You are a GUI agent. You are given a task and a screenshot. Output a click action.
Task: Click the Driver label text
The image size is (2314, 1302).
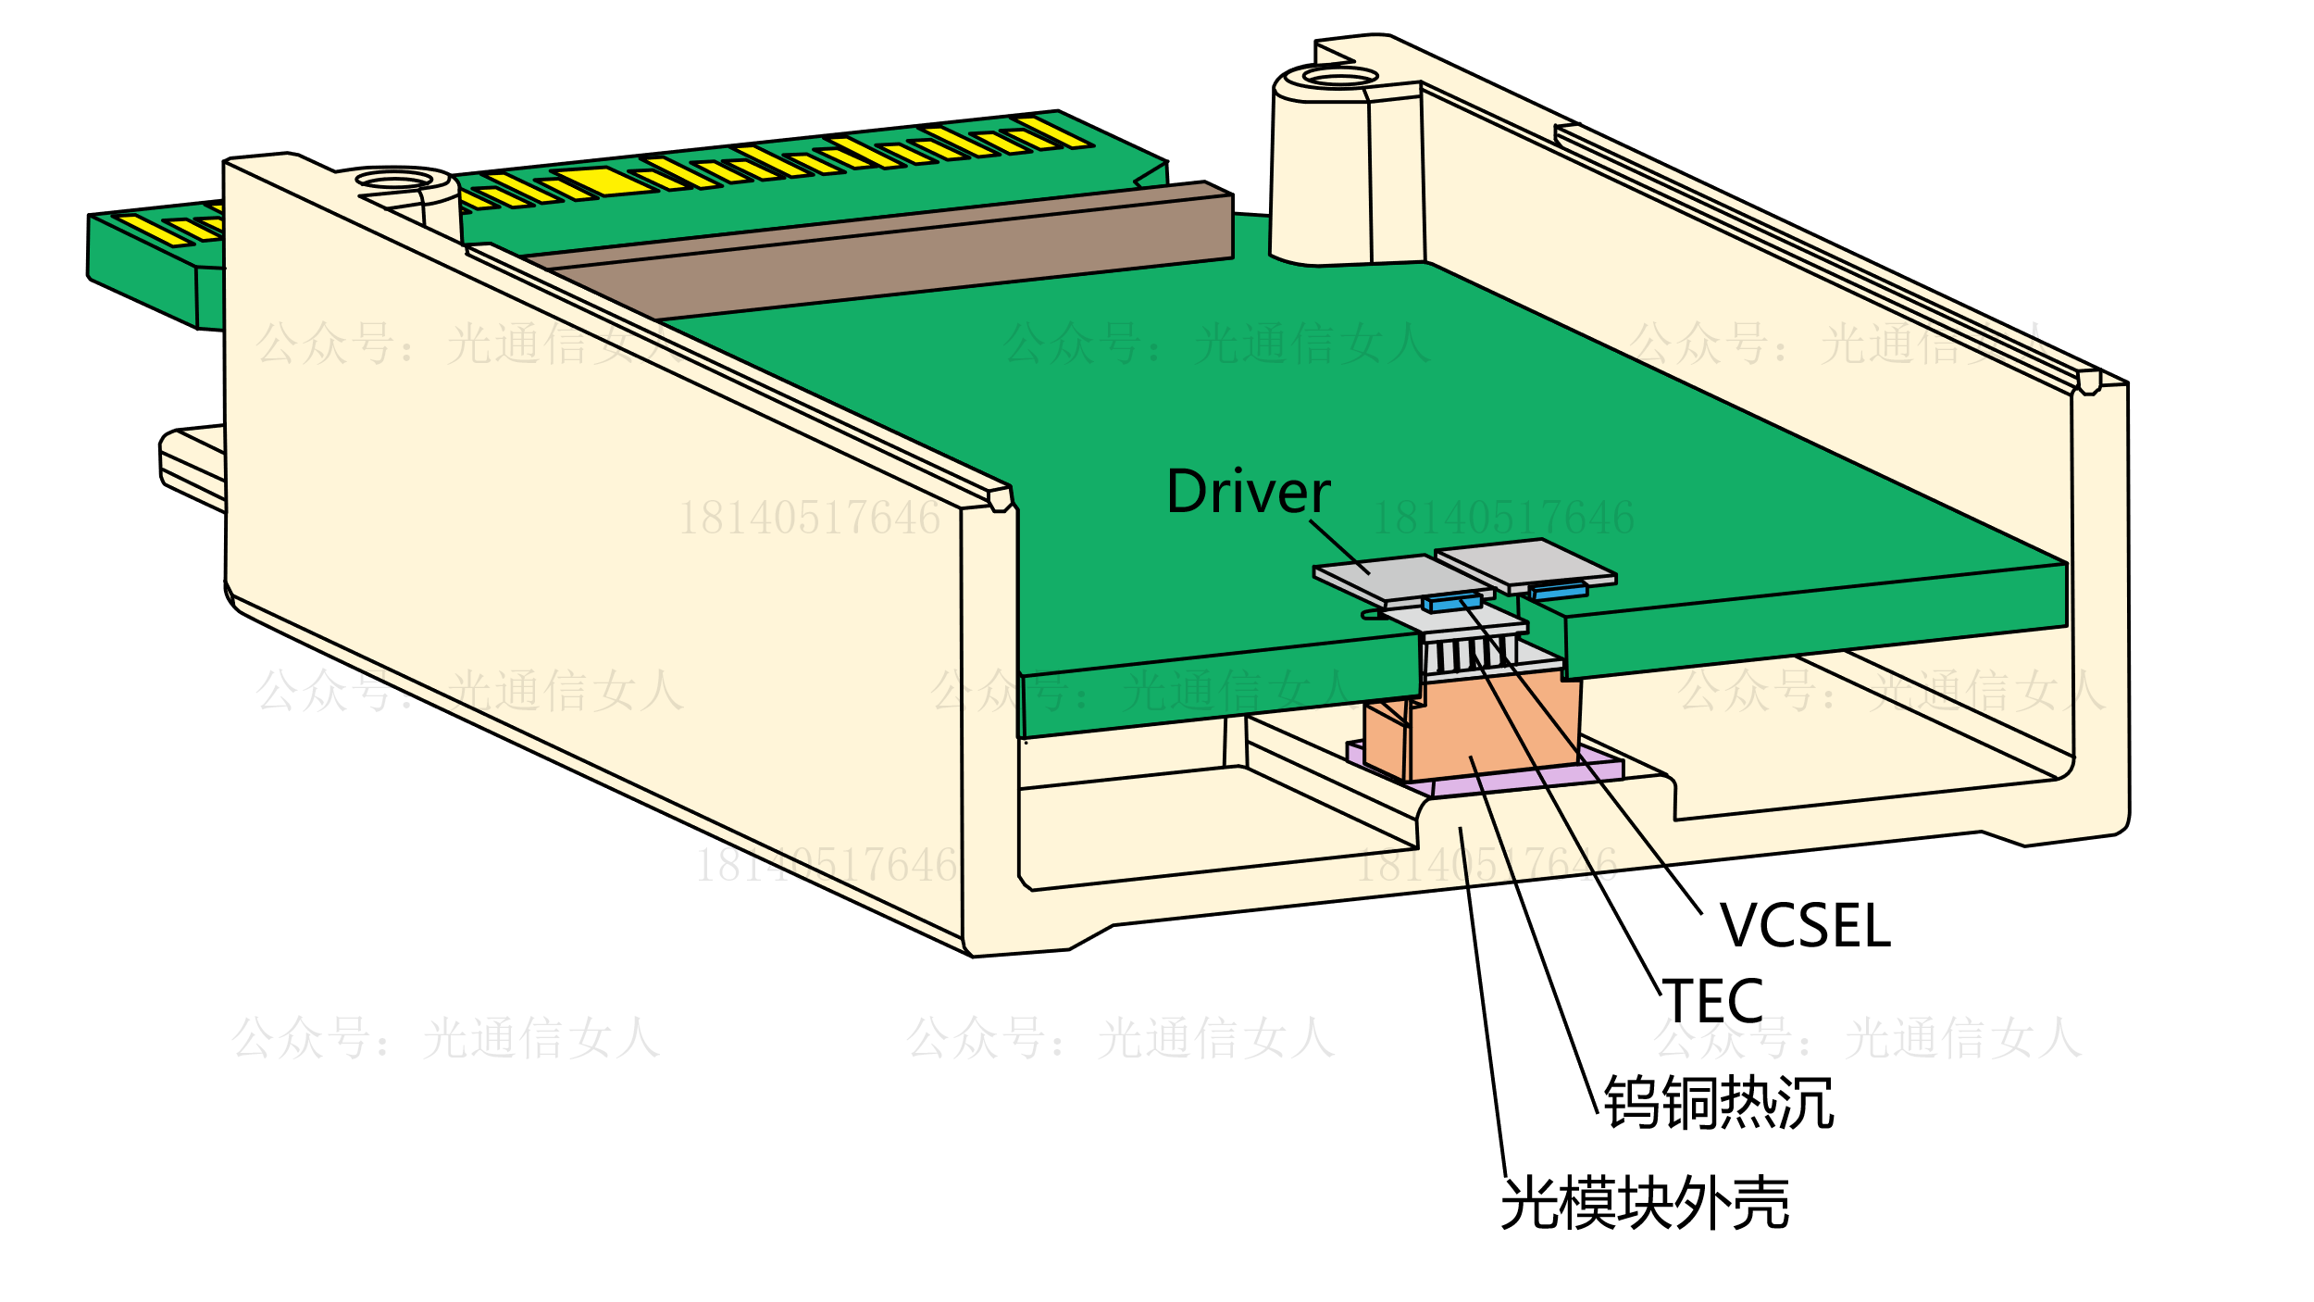1248,492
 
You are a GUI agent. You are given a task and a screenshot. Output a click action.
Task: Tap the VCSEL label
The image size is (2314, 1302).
1805,925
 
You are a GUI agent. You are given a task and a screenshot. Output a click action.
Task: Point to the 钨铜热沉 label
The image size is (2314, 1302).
1719,1102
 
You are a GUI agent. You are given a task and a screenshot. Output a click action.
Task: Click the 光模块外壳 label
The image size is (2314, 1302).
1645,1204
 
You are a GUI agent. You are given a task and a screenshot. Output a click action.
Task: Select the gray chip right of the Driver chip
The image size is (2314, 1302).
1527,561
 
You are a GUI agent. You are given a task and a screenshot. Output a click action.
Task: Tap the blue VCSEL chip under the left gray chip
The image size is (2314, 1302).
1452,604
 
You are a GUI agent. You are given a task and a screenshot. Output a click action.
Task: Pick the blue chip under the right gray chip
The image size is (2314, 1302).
1560,591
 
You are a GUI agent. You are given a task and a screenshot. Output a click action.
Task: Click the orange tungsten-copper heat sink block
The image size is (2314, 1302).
1490,727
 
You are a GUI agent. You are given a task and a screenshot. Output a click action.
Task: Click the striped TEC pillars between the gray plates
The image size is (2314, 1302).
1467,656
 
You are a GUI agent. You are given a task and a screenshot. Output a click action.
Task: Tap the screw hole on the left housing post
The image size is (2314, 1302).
394,179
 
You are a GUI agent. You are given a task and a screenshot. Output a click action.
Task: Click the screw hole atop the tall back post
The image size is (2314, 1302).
1340,76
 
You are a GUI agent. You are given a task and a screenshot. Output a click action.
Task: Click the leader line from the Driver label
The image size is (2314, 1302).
1339,546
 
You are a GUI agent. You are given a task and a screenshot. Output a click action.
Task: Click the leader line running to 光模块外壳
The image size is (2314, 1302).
1482,1000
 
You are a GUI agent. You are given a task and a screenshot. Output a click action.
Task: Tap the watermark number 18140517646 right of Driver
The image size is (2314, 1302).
1502,518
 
